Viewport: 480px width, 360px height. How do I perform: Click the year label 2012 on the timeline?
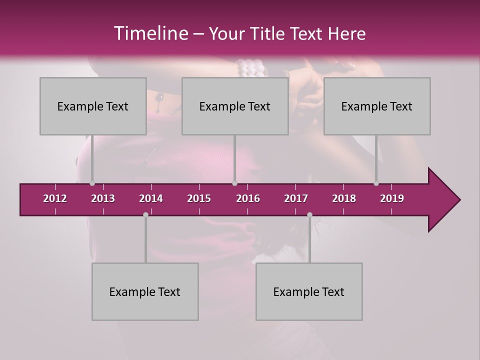point(55,198)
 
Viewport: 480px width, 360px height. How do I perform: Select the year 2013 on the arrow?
point(103,198)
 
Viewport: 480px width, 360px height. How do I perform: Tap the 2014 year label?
point(151,198)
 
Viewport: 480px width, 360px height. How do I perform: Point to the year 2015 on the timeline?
point(199,198)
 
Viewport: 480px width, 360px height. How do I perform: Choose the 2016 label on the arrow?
point(248,198)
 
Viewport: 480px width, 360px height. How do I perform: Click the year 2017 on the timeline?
point(296,198)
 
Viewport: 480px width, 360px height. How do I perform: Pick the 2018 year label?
point(344,198)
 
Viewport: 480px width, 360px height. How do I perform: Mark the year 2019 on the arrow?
point(392,198)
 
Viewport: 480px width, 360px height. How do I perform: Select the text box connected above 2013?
point(93,106)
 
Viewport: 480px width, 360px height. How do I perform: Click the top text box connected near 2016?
point(235,106)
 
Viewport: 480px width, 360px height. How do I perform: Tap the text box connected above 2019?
point(377,106)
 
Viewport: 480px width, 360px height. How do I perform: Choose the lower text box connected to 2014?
point(145,291)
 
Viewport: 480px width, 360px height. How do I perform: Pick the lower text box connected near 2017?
point(309,291)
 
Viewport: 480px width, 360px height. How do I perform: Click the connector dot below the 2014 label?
point(145,214)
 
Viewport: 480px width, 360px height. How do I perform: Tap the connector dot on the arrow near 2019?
point(376,183)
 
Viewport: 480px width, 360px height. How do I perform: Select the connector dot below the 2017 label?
point(309,214)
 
